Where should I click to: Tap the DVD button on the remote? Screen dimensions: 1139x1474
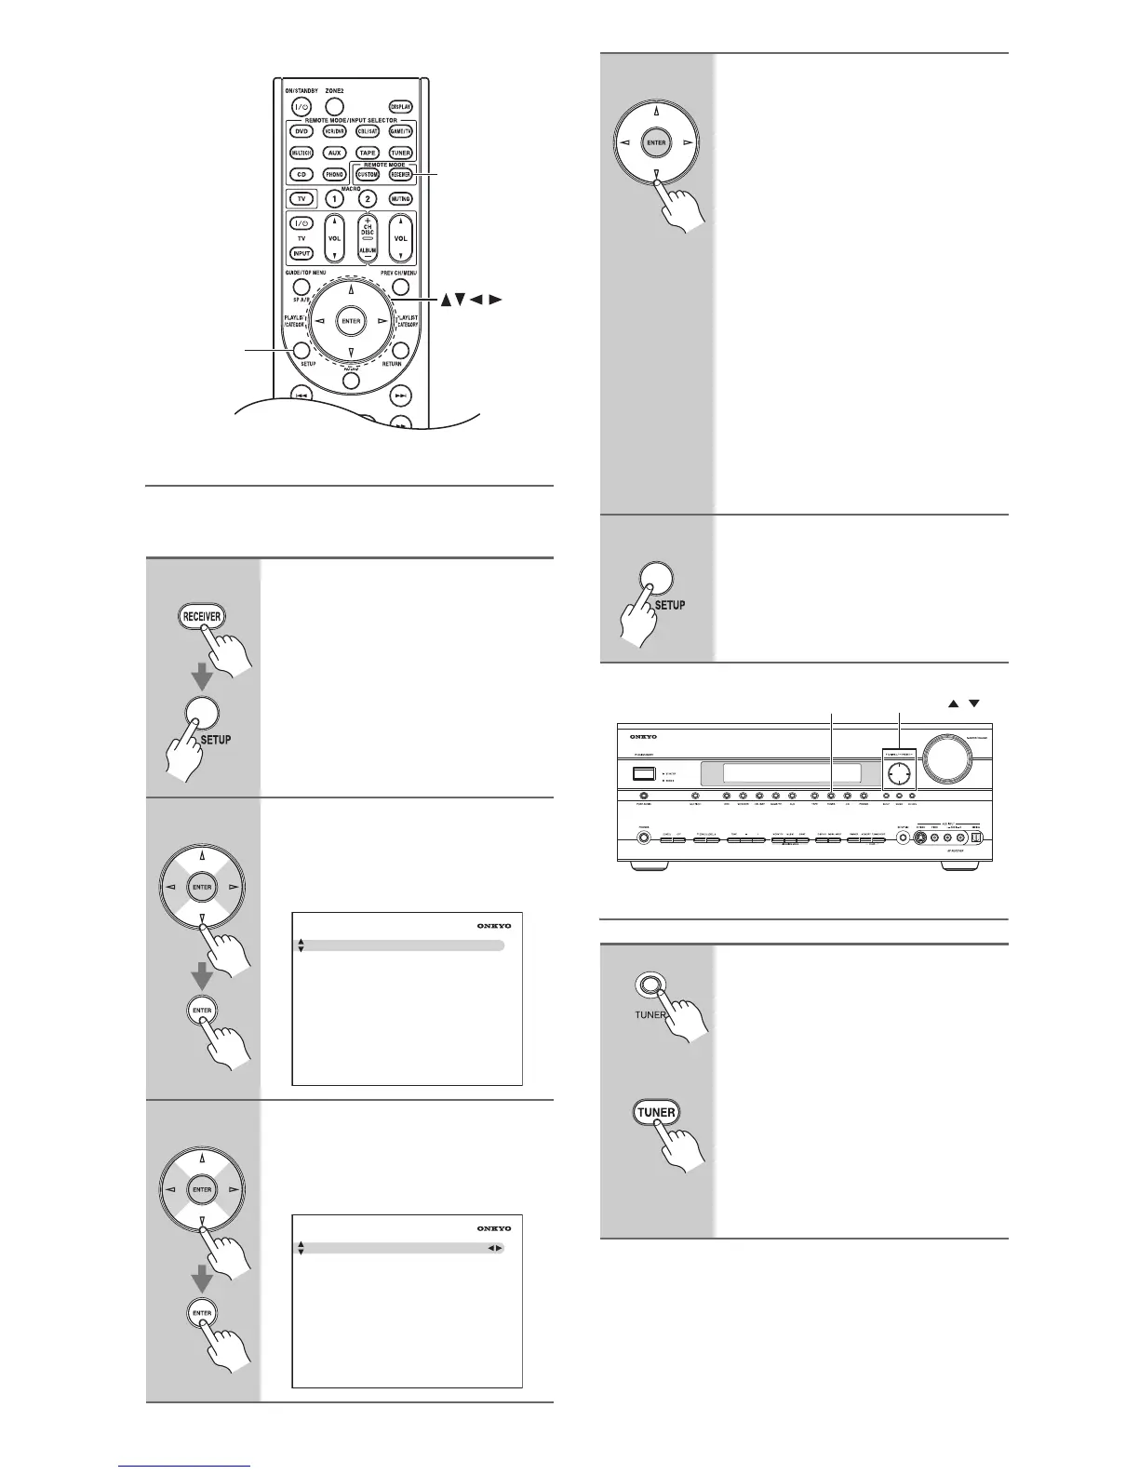click(x=301, y=131)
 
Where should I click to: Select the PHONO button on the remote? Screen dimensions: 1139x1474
click(x=334, y=174)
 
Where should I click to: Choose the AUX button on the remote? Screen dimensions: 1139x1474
click(x=334, y=153)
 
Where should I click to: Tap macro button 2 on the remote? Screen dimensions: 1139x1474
click(x=367, y=199)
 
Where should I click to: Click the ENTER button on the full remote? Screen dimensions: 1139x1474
click(x=351, y=321)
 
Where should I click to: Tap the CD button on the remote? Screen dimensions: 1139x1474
click(x=301, y=174)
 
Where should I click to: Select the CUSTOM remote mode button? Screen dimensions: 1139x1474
click(x=368, y=174)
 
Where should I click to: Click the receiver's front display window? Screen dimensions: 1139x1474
click(x=791, y=773)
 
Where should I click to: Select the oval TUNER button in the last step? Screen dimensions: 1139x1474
click(x=657, y=1112)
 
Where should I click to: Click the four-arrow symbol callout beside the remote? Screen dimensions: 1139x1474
click(x=469, y=300)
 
